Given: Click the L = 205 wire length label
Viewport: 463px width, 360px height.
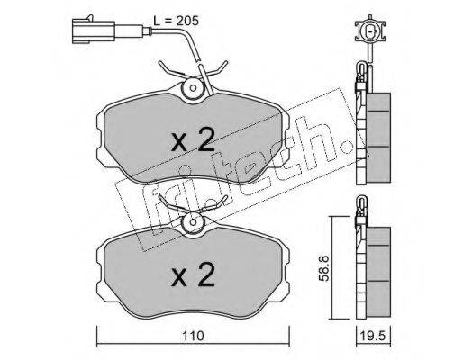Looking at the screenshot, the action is tap(176, 21).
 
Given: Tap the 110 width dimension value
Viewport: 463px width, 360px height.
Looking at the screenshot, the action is tap(192, 336).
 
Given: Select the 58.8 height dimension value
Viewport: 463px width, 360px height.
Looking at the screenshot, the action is tap(324, 268).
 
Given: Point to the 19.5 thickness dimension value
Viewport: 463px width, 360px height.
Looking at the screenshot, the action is tap(374, 336).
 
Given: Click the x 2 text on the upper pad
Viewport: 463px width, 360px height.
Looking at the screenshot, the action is tap(193, 139).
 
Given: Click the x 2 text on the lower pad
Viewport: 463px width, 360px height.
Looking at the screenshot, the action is tap(193, 274).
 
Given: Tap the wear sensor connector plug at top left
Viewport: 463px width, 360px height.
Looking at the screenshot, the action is tap(94, 30).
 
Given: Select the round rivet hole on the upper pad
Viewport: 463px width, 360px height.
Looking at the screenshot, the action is tap(193, 88).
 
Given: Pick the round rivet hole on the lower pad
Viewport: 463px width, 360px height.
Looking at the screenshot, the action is tap(193, 222).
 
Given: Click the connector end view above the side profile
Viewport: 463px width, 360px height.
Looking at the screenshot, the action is tap(370, 31).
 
